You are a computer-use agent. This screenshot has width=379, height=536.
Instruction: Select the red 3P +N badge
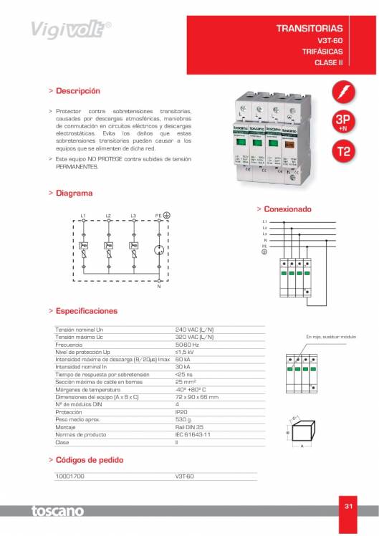pos(344,123)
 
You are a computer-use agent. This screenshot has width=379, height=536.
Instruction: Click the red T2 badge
pos(344,153)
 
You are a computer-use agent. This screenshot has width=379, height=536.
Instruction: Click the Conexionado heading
pos(287,209)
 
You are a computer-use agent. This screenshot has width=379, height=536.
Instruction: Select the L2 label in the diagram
pos(108,216)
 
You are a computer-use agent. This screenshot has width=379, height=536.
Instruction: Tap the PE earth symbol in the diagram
pos(165,215)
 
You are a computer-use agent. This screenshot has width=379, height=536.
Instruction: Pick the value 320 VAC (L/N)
pos(194,336)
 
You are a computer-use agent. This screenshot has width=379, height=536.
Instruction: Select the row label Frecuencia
pos(71,344)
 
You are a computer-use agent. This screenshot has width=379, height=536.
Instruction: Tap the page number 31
pos(349,506)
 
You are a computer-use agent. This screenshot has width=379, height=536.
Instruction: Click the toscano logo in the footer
pos(57,511)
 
